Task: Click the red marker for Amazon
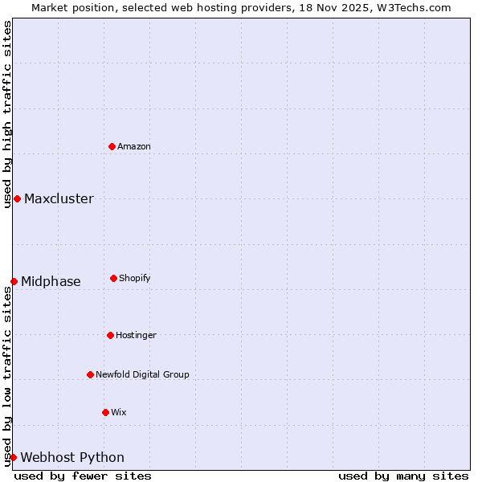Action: click(x=112, y=146)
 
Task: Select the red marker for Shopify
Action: click(x=113, y=278)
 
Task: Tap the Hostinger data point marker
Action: click(x=110, y=335)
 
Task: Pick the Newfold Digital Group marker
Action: click(x=90, y=374)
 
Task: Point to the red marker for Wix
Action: click(x=105, y=412)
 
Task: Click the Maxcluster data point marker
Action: click(x=17, y=198)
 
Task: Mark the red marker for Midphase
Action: click(x=14, y=281)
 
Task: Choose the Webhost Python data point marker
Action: click(x=13, y=457)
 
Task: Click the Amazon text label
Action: click(x=134, y=146)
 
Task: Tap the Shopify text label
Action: click(x=135, y=278)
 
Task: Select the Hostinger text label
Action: click(x=136, y=335)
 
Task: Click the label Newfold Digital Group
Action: click(x=142, y=374)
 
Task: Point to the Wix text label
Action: click(x=119, y=412)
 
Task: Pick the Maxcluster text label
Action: click(x=59, y=199)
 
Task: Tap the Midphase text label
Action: click(x=51, y=281)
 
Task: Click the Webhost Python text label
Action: click(x=72, y=458)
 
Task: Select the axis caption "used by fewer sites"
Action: click(x=83, y=476)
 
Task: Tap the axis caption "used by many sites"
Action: click(x=403, y=476)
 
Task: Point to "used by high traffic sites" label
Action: click(x=7, y=114)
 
